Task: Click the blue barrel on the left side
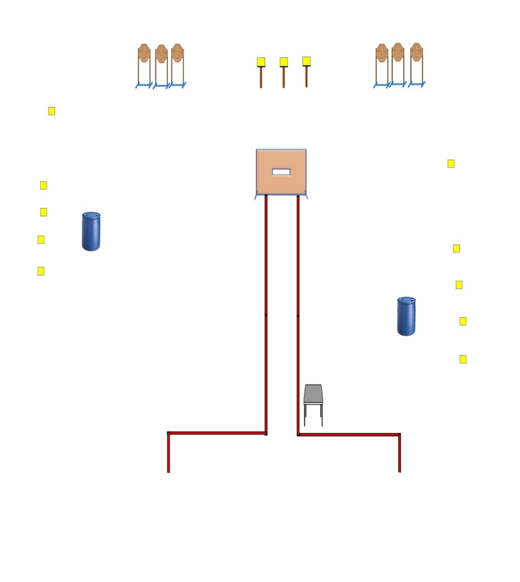91,231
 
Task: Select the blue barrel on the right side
406,316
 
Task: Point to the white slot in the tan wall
281,172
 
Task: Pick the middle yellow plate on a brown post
284,62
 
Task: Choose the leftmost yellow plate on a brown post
261,62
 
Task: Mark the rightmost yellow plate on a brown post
306,61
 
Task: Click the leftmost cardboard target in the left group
144,53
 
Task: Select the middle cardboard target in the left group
161,53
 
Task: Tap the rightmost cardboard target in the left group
177,52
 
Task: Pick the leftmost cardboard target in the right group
382,52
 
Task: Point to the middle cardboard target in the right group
398,52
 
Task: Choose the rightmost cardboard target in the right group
416,52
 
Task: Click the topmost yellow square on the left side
51,111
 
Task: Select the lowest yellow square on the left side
41,271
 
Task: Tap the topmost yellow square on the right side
451,164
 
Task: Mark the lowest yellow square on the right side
463,359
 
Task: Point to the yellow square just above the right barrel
459,285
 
